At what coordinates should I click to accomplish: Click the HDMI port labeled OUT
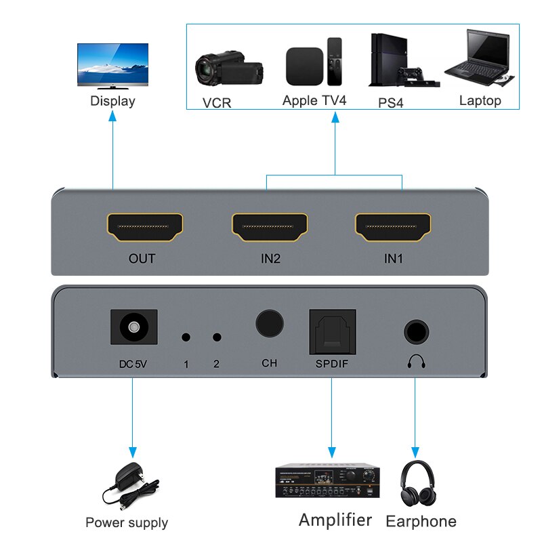[144, 228]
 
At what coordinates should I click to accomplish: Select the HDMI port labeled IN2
[270, 228]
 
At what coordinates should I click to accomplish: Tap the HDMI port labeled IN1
[394, 228]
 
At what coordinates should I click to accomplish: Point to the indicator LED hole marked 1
[186, 337]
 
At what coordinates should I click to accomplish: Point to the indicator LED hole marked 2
[217, 337]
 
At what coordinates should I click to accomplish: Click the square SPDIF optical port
[332, 331]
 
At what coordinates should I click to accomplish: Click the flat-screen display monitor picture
[112, 66]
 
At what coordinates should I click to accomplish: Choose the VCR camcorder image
[227, 68]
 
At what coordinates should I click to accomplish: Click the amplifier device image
[326, 480]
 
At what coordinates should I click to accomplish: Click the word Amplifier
[335, 520]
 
